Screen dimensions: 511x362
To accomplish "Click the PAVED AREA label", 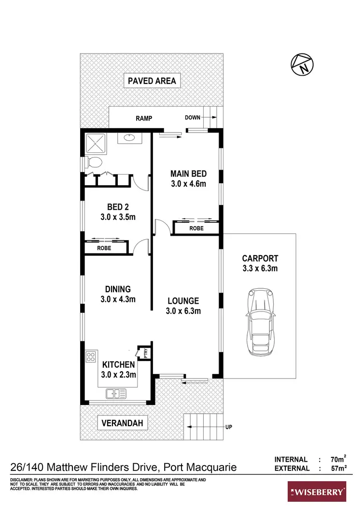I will point(152,81).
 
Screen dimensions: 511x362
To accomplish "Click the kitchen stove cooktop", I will point(90,357).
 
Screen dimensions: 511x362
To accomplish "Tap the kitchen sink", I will point(116,394).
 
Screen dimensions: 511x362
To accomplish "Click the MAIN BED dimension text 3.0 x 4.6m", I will point(189,184).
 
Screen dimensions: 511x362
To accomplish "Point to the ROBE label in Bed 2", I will point(104,248).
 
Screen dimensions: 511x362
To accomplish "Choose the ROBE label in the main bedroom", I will point(196,228).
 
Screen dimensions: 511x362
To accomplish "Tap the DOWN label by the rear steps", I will point(193,118).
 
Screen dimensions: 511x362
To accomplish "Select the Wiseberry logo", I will point(317,492).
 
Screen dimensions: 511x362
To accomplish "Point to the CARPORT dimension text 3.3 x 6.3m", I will point(260,268).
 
